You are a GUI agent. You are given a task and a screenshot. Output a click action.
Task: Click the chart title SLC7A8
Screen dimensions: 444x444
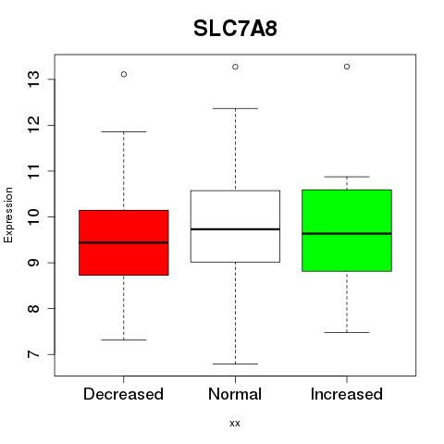point(235,29)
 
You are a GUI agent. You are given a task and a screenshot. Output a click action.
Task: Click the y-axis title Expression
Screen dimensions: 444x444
point(8,215)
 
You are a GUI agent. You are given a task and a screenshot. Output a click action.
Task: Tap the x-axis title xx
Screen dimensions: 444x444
point(235,424)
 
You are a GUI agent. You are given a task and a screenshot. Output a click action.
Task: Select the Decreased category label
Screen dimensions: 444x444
point(123,394)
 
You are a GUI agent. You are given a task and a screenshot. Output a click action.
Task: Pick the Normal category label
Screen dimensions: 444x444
point(235,394)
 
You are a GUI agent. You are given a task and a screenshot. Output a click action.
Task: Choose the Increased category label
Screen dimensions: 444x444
point(347,394)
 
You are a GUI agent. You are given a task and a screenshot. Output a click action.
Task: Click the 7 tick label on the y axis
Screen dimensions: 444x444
point(33,354)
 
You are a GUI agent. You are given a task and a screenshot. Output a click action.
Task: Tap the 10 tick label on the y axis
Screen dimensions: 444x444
point(33,216)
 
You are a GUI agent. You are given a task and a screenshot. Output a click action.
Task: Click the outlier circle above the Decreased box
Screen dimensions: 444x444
point(124,74)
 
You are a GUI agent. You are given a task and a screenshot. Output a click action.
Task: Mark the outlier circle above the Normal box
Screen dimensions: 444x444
point(235,67)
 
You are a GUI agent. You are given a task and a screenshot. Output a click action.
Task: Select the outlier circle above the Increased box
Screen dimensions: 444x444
point(347,67)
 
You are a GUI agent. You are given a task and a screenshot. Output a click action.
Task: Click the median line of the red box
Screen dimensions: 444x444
point(124,242)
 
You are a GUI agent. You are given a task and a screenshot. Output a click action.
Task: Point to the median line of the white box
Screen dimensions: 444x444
point(235,229)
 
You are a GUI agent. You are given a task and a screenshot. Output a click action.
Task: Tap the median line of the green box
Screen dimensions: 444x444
point(347,234)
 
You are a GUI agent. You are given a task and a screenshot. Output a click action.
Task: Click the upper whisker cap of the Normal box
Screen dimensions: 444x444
point(235,108)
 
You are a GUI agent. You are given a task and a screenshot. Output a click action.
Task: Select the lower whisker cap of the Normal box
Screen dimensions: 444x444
point(235,364)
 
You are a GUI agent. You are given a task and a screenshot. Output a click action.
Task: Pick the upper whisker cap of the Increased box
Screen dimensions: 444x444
point(347,177)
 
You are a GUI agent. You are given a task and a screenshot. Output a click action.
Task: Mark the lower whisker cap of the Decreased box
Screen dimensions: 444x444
point(124,339)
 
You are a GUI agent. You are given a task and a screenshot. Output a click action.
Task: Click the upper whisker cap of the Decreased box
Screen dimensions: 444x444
point(124,131)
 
